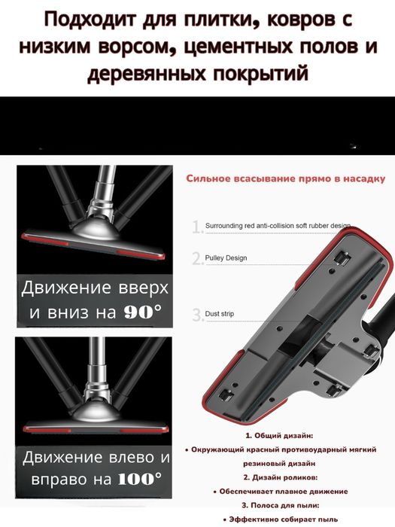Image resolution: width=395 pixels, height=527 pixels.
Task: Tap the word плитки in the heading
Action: point(224,19)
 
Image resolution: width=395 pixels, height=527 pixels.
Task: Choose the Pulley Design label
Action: point(226,258)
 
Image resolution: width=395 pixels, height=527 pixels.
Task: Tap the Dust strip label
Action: point(217,314)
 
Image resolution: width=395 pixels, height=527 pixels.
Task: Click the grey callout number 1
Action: point(197,226)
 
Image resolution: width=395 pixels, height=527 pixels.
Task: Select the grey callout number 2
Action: point(198,258)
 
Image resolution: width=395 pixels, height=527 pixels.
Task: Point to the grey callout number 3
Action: point(198,315)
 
